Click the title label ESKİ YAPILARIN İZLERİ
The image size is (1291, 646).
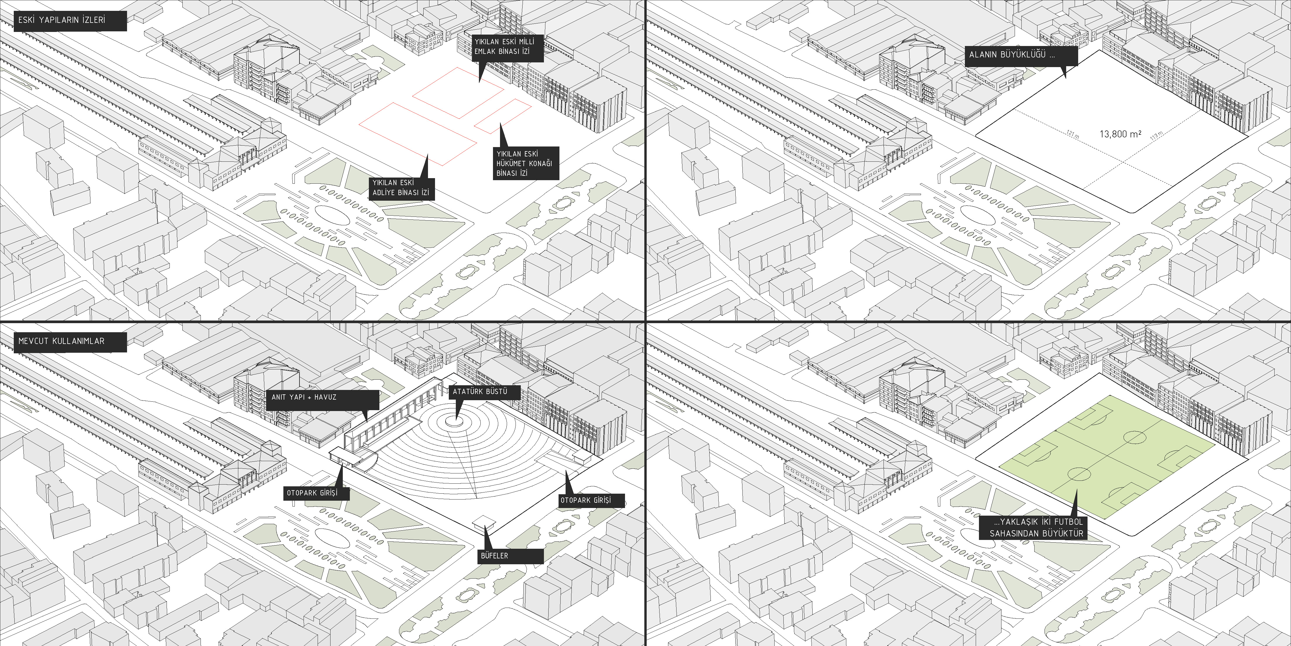[x=62, y=21]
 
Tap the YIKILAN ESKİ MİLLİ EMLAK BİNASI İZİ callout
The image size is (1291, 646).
[x=505, y=47]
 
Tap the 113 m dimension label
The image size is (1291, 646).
[x=1156, y=135]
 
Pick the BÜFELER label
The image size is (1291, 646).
[x=509, y=556]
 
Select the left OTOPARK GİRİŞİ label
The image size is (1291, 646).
[x=316, y=493]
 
